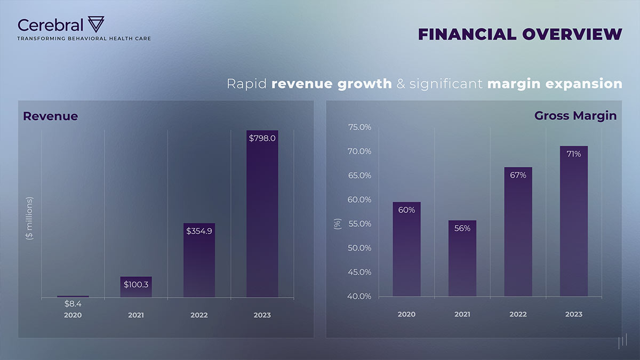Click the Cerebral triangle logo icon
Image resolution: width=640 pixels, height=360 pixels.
(x=96, y=24)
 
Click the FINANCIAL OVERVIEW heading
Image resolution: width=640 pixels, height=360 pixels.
(x=520, y=34)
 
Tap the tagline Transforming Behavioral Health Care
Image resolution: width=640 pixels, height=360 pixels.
(x=84, y=38)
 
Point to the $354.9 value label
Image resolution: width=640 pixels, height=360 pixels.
(x=199, y=231)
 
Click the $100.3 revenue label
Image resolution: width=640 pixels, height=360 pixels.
(x=136, y=285)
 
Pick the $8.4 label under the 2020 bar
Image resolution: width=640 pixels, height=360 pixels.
(x=73, y=303)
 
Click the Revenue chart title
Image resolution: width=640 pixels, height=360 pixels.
(x=50, y=116)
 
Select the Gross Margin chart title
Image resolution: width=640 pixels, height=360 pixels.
(x=575, y=116)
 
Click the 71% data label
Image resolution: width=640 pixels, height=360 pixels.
(x=574, y=154)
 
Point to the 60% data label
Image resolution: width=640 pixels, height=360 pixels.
(x=406, y=210)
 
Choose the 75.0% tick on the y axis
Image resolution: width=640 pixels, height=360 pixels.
(x=359, y=127)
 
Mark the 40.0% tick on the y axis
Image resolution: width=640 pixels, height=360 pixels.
(x=359, y=296)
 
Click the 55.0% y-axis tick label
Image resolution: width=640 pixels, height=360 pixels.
(x=359, y=223)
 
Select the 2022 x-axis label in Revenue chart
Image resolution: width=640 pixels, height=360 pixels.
(x=199, y=315)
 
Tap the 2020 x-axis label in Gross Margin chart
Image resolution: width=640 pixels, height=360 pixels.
(x=406, y=314)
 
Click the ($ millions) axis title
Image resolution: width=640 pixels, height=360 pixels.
(x=30, y=218)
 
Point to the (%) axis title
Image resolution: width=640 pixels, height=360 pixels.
(x=337, y=224)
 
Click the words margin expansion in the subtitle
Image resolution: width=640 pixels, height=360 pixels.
(x=555, y=84)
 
